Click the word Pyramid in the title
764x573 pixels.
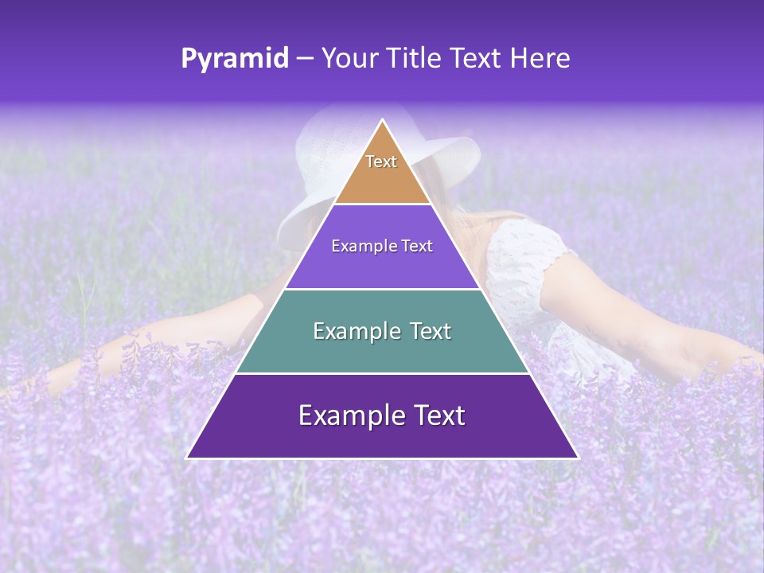click(234, 59)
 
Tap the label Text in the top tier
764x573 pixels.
click(381, 162)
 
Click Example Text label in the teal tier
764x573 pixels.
click(382, 331)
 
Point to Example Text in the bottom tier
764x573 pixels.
click(382, 415)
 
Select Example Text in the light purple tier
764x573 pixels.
click(382, 246)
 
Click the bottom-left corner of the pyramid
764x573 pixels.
click(187, 458)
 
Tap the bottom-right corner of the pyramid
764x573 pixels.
click(578, 458)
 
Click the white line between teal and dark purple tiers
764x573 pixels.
click(382, 373)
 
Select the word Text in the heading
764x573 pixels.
click(475, 59)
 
